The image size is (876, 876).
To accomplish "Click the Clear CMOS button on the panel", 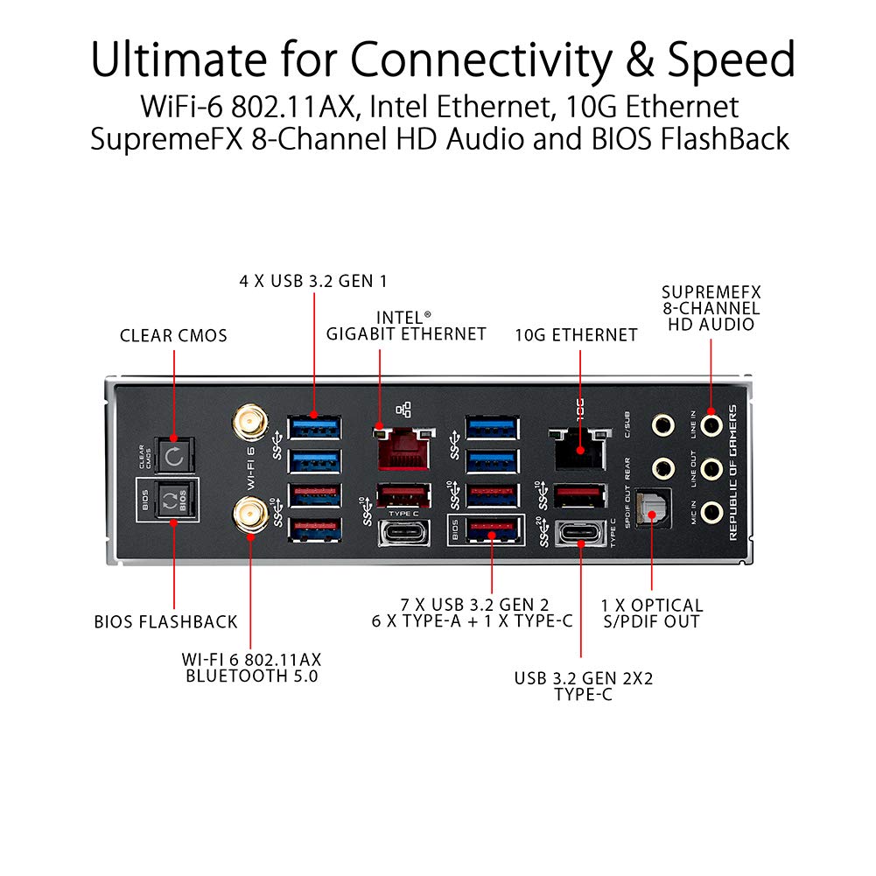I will [x=174, y=455].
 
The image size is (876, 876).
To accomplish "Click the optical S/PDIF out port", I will [x=651, y=508].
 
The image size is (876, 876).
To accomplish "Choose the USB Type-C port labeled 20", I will [x=578, y=533].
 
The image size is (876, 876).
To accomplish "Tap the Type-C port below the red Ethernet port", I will [x=404, y=533].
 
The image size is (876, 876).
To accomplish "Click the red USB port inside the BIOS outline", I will [x=491, y=529].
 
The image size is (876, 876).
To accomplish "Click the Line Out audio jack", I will [x=711, y=468].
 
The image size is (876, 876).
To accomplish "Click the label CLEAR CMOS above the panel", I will [x=173, y=335].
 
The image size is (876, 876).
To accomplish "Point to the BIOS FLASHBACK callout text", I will [x=166, y=622].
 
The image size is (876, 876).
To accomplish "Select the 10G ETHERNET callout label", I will [x=576, y=334].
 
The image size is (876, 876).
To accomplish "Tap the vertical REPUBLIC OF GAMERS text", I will [x=733, y=473].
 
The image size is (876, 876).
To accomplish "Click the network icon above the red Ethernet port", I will [x=403, y=410].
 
